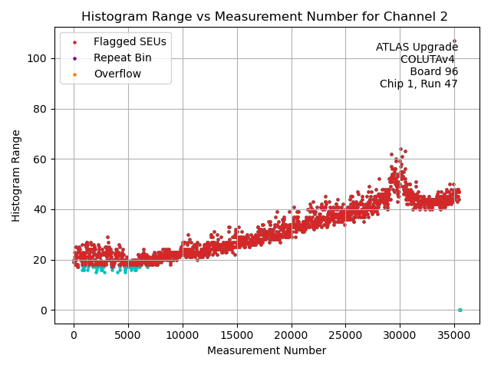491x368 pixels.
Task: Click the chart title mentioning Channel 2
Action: (265, 16)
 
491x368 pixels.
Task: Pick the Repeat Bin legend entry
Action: (122, 58)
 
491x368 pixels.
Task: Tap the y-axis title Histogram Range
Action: (16, 176)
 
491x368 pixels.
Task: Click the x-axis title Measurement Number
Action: (266, 350)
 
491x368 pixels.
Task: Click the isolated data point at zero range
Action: (460, 310)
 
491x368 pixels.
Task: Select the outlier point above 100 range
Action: (454, 41)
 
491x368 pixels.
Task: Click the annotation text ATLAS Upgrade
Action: (417, 47)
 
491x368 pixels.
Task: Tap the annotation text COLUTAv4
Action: (429, 59)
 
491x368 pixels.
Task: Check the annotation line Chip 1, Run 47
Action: (418, 84)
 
